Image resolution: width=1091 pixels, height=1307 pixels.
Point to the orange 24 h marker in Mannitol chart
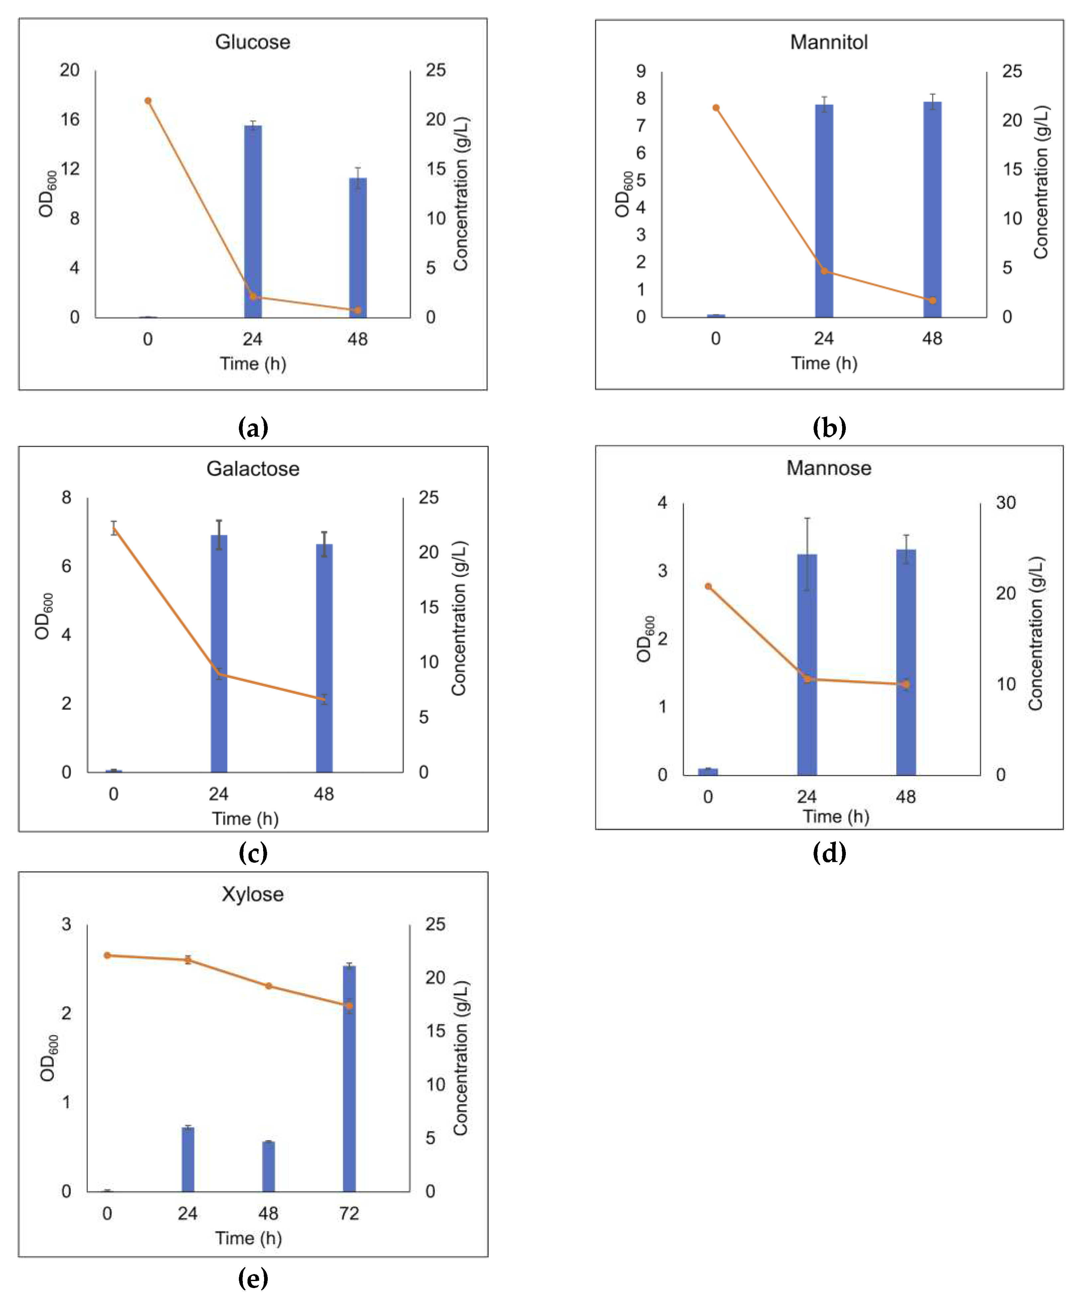[x=824, y=271]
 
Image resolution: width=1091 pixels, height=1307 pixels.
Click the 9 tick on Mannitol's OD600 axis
[x=641, y=71]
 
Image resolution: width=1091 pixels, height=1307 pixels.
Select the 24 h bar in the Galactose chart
[x=219, y=653]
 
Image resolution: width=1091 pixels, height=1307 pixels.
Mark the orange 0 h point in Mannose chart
[x=708, y=586]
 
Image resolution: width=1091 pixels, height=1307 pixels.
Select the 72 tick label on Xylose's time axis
[x=349, y=1213]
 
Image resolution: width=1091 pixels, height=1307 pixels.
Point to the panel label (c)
[x=253, y=853]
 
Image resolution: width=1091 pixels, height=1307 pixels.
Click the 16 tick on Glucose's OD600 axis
[x=70, y=120]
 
